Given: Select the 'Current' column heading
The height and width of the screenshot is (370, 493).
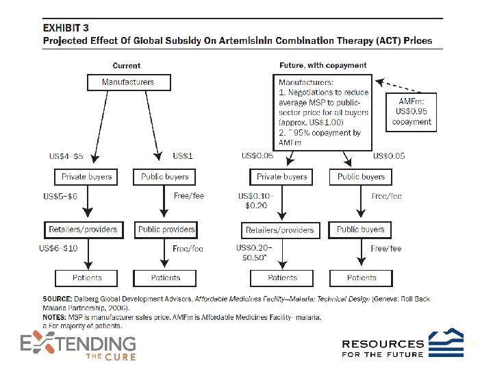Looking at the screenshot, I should [x=126, y=66].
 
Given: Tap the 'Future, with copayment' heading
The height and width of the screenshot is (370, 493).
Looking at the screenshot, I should [x=323, y=66].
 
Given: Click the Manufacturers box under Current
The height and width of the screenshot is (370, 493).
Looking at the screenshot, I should [x=128, y=82].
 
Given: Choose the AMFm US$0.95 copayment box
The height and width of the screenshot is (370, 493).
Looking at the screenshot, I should [x=412, y=111].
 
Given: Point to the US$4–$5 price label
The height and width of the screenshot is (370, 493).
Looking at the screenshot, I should [x=67, y=156].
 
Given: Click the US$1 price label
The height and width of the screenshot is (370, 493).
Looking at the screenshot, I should [x=183, y=156].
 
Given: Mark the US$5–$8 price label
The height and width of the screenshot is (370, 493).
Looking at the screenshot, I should [x=60, y=197].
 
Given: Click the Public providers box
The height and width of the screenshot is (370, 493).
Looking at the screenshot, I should [x=166, y=230].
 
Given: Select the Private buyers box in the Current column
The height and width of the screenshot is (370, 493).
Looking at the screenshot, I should [x=87, y=177].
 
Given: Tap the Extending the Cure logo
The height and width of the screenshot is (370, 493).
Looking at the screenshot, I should [x=77, y=346].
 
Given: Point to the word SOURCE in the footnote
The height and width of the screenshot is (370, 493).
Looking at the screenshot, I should [x=58, y=299].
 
